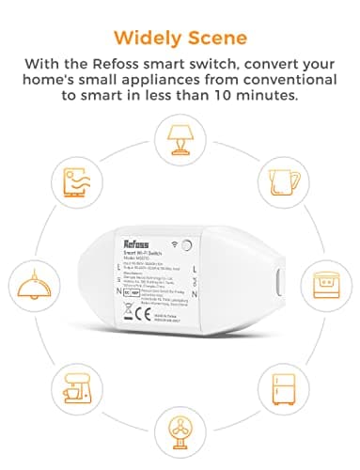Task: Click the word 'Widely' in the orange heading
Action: [145, 37]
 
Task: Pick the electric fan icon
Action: [180, 406]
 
